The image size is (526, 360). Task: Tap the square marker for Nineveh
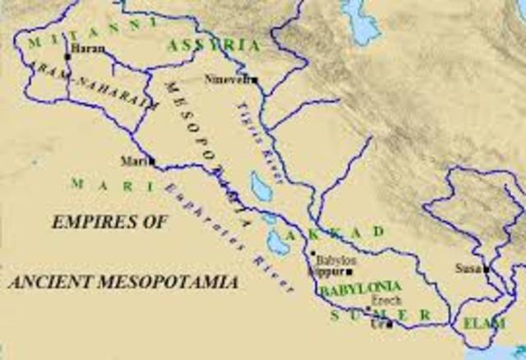tap(256, 80)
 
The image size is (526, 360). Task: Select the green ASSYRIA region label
tap(215, 46)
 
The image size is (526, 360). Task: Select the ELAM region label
tap(483, 323)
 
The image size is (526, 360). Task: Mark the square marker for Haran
tap(67, 57)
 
